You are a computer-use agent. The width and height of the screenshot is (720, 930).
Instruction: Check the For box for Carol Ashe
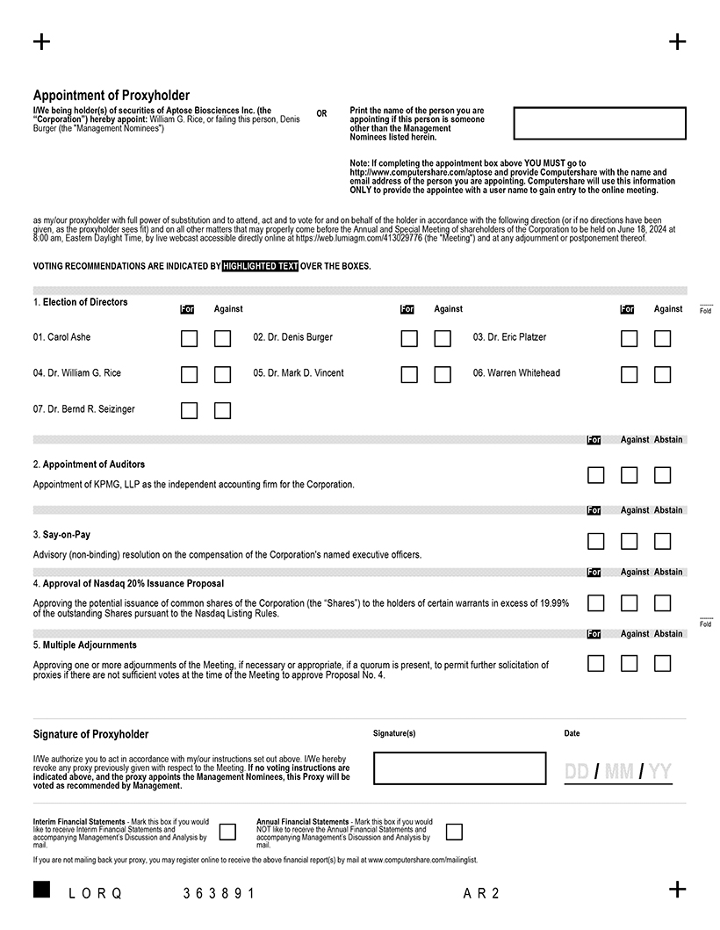(x=189, y=338)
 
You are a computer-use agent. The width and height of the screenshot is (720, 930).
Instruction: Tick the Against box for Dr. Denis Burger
(x=443, y=338)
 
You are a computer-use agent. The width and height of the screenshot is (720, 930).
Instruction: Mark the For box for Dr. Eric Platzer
(x=629, y=338)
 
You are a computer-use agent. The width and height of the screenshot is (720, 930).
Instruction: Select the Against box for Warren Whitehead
(x=662, y=374)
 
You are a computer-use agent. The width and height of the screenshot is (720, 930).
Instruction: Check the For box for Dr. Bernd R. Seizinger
(x=189, y=410)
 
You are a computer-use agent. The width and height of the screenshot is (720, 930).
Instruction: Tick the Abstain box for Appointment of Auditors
(x=662, y=475)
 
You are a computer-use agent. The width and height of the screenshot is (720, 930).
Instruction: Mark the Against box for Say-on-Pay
(x=629, y=541)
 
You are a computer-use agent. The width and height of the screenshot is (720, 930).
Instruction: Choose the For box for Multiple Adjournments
(x=595, y=663)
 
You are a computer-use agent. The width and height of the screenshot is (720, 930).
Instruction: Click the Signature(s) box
(x=459, y=768)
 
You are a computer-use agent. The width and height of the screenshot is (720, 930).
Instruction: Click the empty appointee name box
(x=600, y=123)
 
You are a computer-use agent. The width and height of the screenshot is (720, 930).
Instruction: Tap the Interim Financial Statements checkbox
(x=227, y=832)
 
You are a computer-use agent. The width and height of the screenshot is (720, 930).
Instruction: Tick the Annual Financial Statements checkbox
(x=454, y=832)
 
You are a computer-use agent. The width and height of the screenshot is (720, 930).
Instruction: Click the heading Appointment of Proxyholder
(x=112, y=95)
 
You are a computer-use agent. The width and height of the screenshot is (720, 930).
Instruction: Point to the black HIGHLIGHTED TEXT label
(x=261, y=266)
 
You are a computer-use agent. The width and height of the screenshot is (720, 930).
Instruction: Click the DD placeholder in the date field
(x=577, y=772)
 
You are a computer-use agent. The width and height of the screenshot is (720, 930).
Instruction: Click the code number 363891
(x=219, y=893)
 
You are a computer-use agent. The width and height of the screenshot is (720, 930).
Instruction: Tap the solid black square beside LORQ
(x=41, y=890)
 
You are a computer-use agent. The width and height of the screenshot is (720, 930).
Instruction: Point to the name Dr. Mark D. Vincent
(x=299, y=373)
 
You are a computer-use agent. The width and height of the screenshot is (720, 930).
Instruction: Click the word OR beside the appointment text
(x=321, y=114)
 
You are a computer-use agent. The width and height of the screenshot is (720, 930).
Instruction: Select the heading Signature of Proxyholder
(x=91, y=734)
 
